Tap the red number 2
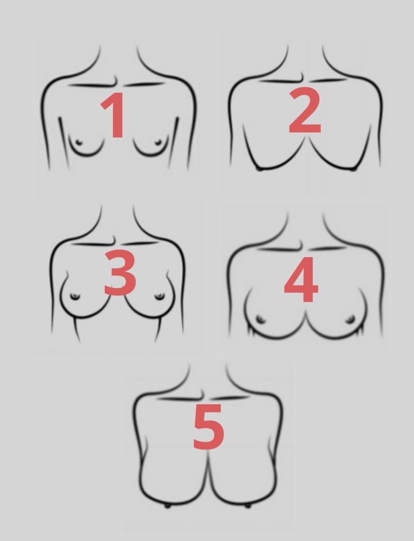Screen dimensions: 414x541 click(305, 111)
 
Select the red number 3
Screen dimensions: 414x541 click(120, 272)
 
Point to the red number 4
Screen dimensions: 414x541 click(301, 280)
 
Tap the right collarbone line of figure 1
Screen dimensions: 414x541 click(144, 84)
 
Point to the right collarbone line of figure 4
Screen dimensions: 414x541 click(327, 248)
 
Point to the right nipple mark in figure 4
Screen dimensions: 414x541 click(350, 319)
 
